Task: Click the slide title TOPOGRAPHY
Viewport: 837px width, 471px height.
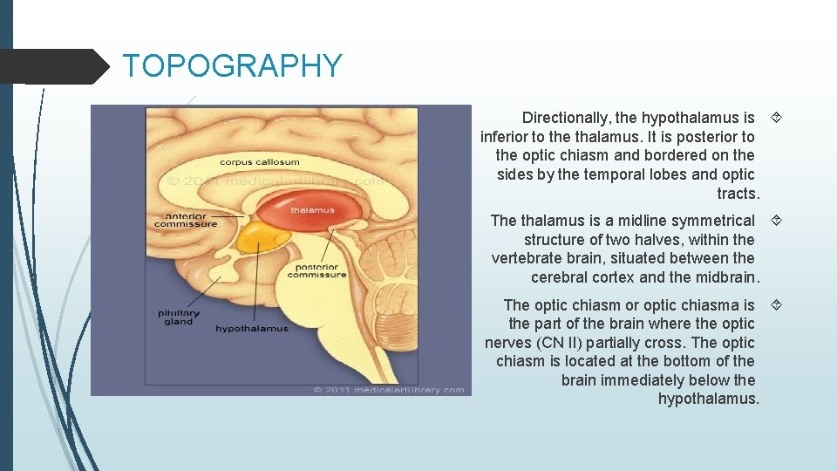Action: point(232,66)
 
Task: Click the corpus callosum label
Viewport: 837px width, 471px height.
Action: point(259,161)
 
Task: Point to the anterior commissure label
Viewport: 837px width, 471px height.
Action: point(185,220)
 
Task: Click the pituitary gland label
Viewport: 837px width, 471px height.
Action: point(178,317)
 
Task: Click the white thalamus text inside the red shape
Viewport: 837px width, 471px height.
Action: point(312,210)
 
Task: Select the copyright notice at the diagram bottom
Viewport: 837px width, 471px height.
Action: point(389,390)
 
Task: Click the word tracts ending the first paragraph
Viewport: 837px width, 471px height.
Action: point(738,194)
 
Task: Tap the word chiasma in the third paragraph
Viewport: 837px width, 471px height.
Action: point(713,305)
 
